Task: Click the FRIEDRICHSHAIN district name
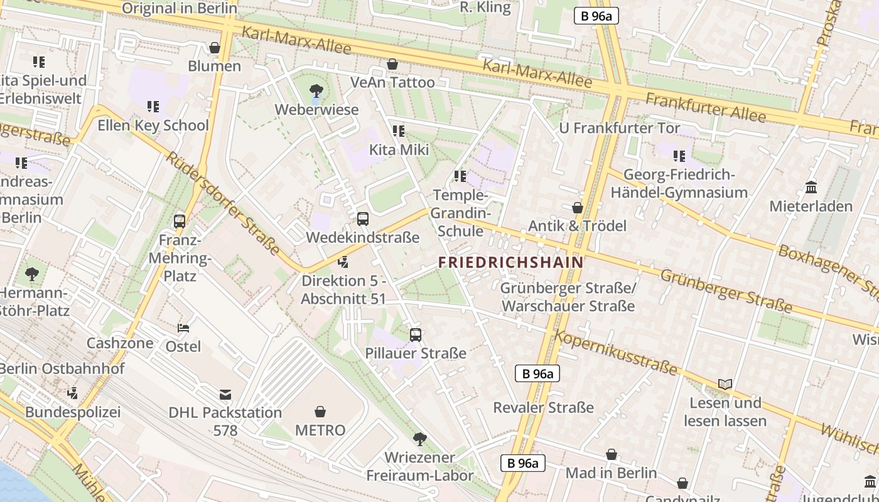510,262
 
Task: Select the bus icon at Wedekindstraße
363,219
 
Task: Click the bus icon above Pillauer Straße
416,335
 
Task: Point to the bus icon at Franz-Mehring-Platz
180,221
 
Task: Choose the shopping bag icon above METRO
320,412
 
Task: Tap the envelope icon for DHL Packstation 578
225,395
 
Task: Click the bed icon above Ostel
183,328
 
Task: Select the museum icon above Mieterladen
811,188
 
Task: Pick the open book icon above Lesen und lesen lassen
725,384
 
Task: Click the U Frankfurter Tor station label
619,128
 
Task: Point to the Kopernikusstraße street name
615,352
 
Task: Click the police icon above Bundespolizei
73,393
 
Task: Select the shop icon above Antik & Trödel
578,208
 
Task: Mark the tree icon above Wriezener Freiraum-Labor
419,439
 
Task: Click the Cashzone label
120,343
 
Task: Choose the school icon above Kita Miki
399,131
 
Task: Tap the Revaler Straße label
543,408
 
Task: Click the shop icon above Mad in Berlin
612,454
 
